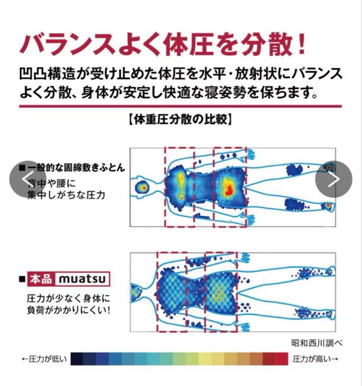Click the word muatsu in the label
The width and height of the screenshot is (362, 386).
pos(82,279)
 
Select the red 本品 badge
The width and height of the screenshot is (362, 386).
pos(41,279)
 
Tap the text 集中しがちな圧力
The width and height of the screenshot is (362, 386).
pos(66,196)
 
